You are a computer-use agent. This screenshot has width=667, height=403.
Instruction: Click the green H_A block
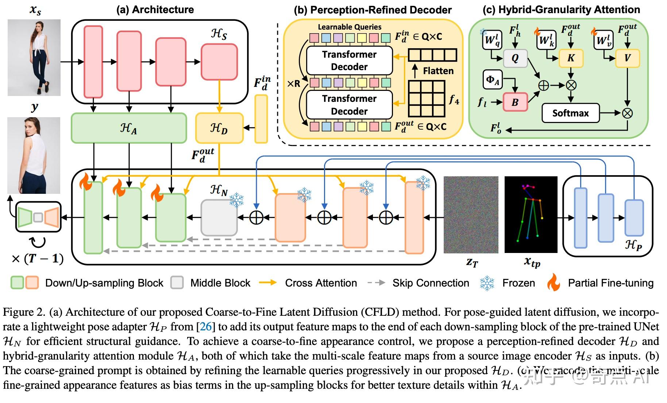(128, 128)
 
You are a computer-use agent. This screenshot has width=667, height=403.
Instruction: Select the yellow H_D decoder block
(219, 128)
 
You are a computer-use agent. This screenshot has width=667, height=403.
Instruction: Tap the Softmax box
(570, 113)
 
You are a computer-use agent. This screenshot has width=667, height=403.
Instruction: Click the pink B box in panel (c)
(515, 102)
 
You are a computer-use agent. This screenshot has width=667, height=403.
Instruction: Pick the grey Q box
(515, 58)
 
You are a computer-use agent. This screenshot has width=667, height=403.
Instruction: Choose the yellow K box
(571, 58)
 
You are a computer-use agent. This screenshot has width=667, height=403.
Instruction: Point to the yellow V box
(627, 58)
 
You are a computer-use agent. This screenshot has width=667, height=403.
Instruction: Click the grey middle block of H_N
(219, 218)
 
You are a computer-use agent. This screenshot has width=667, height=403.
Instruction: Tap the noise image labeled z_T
(471, 215)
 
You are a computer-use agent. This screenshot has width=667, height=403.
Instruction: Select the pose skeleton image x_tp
(531, 215)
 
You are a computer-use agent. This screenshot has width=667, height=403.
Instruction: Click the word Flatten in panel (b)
(438, 71)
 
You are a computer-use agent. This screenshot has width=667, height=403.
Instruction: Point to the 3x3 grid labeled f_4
(427, 99)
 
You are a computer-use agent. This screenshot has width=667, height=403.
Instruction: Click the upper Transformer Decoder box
(349, 61)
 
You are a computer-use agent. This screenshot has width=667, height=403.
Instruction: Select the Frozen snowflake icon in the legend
(487, 283)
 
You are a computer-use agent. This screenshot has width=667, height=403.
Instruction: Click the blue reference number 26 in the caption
(206, 326)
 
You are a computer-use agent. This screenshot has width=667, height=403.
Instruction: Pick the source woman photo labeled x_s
(34, 58)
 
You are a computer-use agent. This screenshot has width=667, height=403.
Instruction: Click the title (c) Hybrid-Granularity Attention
(561, 10)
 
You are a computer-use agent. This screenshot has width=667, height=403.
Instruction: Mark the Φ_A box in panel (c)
(493, 80)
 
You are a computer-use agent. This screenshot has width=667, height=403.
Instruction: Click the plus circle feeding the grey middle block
(256, 218)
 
